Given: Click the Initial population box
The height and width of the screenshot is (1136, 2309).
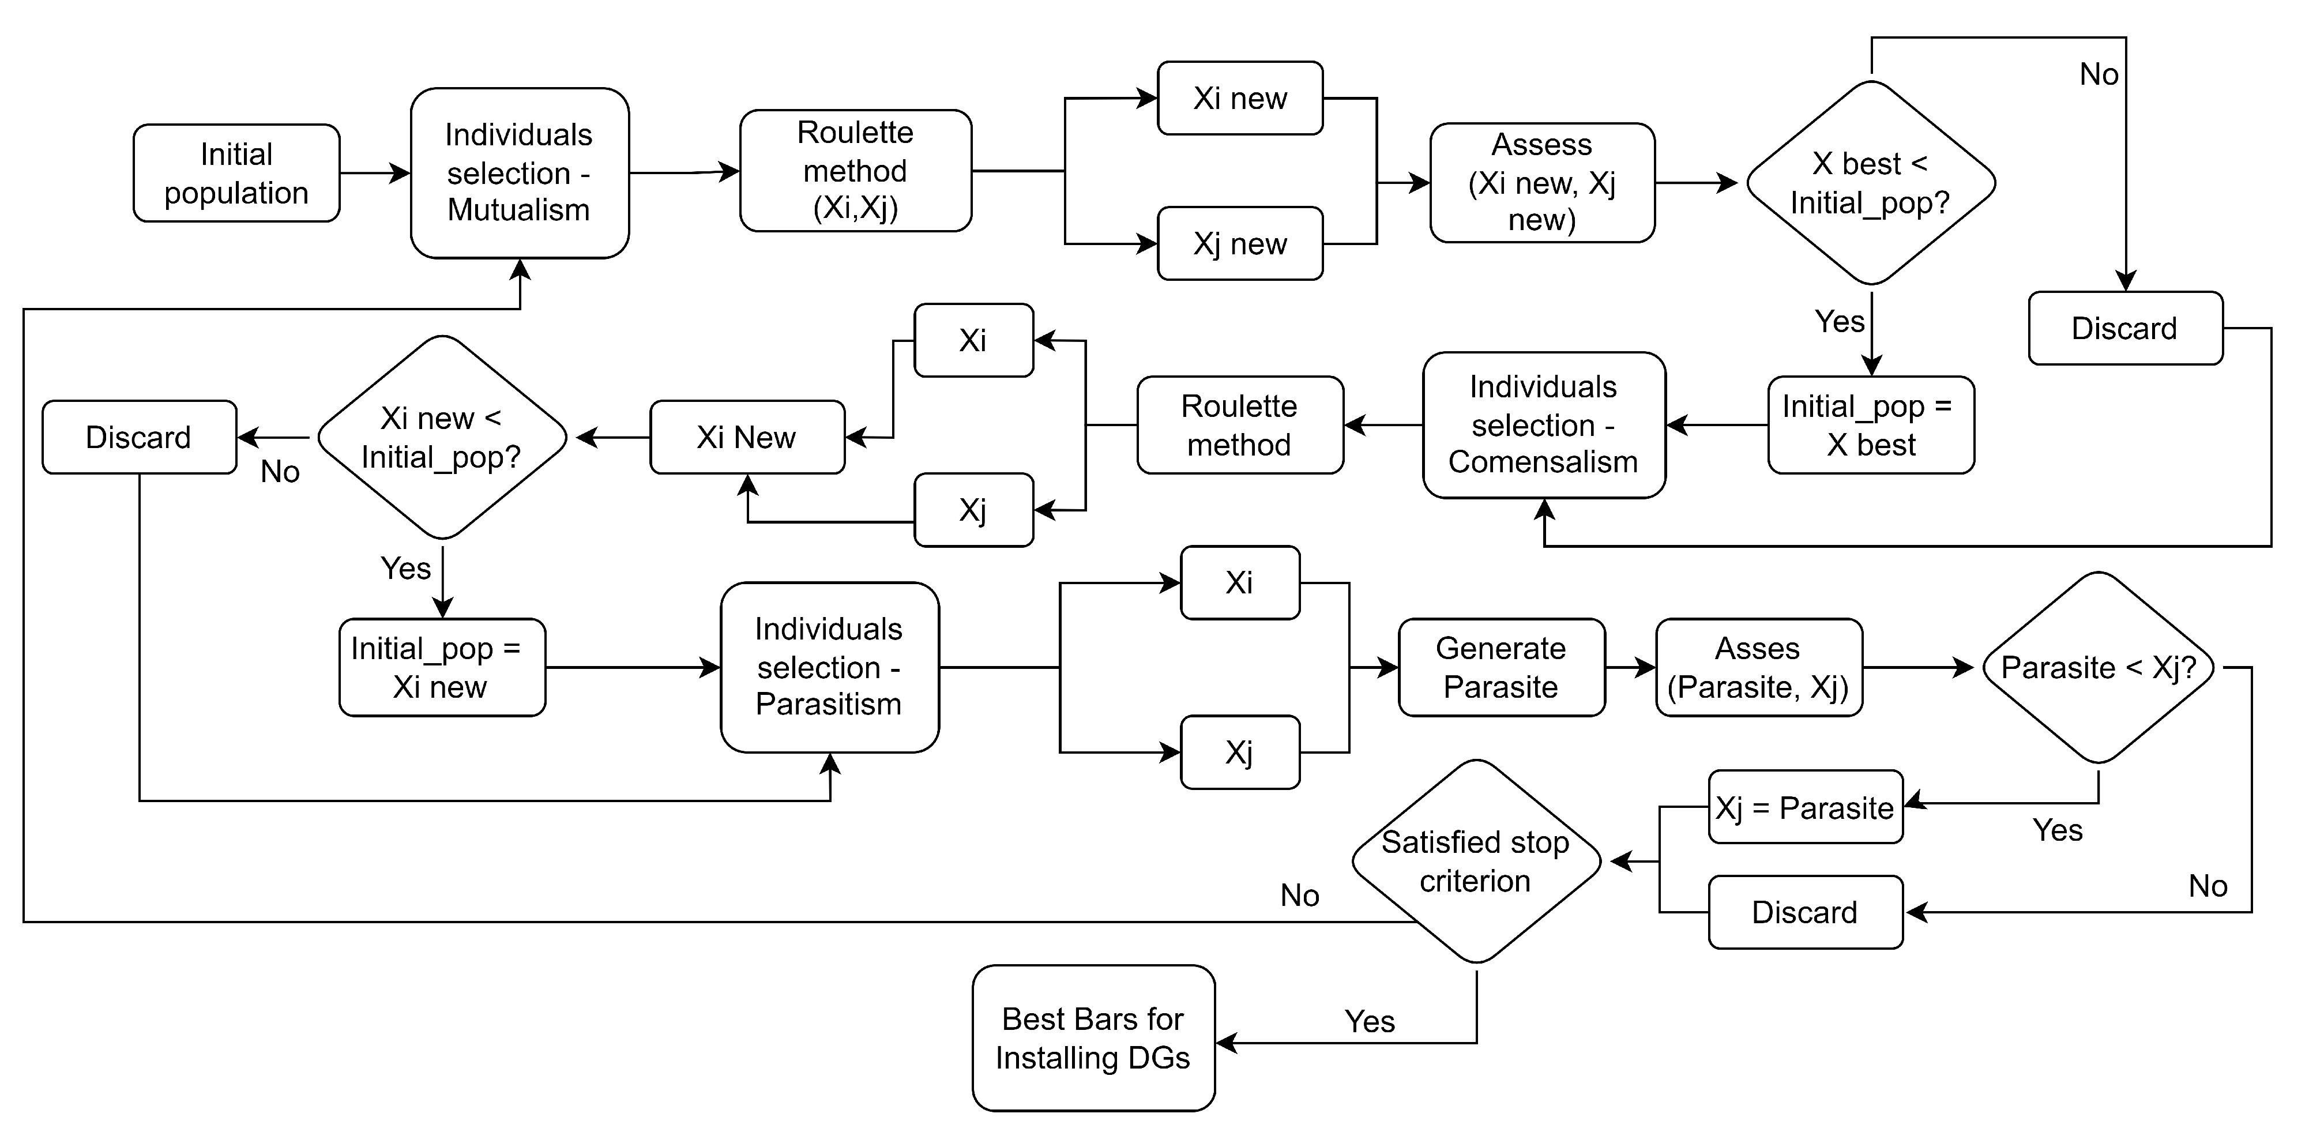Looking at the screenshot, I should click(x=236, y=173).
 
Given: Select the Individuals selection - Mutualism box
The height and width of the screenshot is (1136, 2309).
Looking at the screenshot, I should click(x=519, y=172).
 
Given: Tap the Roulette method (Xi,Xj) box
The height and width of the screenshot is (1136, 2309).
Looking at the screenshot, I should click(x=855, y=170).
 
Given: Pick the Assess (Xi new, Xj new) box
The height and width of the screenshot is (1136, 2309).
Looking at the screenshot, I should click(x=1541, y=183).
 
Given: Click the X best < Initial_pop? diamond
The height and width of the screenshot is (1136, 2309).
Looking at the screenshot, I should click(x=1871, y=183).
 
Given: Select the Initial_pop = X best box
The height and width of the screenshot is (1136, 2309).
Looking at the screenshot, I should click(x=1871, y=425).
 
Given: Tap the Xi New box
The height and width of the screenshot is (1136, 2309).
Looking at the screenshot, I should click(x=747, y=438).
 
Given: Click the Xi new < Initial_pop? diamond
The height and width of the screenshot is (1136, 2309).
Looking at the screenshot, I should click(x=442, y=438).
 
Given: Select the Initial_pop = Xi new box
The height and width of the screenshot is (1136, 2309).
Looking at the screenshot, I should click(x=442, y=667).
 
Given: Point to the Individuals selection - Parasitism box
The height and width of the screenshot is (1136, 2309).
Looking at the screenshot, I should click(x=829, y=667).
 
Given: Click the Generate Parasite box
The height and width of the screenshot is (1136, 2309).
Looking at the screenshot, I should click(x=1502, y=667).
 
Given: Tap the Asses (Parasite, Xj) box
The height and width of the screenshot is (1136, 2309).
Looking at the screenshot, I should click(x=1759, y=667).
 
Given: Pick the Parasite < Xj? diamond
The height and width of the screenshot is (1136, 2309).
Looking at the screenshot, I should click(x=2097, y=667).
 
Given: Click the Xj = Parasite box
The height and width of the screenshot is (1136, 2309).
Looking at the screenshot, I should click(x=1804, y=807).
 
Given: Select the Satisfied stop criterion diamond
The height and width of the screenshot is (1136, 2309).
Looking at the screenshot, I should click(x=1475, y=862).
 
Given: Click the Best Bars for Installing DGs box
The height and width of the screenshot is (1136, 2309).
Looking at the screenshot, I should click(x=1093, y=1039).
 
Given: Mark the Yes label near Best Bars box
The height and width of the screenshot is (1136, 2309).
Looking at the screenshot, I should click(x=1368, y=1021).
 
